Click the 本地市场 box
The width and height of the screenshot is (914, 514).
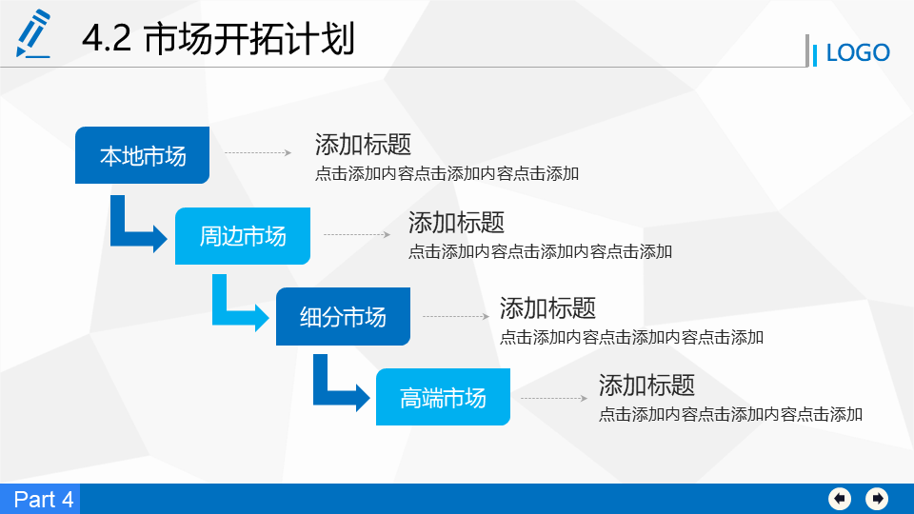[x=142, y=155]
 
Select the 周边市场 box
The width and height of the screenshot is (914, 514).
[x=243, y=236]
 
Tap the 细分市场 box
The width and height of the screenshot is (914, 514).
[x=343, y=316]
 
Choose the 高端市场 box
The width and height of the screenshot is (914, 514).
[x=443, y=397]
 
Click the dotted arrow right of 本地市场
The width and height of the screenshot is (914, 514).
[x=258, y=152]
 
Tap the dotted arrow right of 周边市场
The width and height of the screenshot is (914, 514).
[x=357, y=235]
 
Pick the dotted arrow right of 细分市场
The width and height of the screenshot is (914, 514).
[x=456, y=316]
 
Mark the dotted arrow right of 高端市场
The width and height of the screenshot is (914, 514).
[x=554, y=399]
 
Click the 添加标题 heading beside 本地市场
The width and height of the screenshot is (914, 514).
[x=363, y=145]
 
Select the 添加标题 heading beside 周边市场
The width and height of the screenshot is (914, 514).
[x=456, y=223]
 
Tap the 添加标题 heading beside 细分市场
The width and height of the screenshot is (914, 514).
[x=548, y=308]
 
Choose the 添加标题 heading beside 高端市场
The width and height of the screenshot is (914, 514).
[x=647, y=385]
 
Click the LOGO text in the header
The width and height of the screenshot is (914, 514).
[x=858, y=53]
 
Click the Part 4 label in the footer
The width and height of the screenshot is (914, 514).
[x=43, y=500]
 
